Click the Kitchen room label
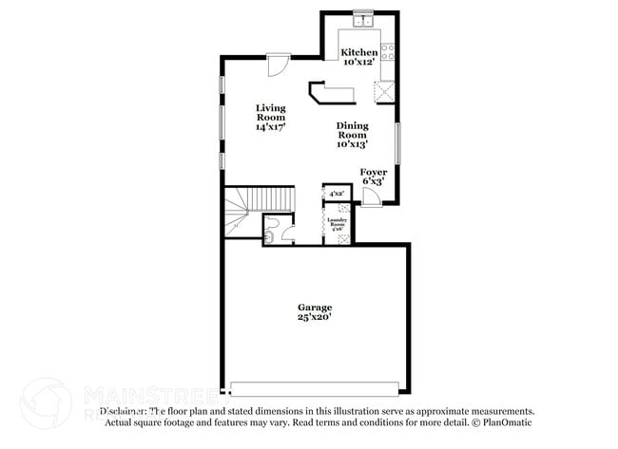(359, 51)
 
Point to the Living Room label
(271, 113)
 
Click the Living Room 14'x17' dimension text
(271, 126)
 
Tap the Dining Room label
(352, 130)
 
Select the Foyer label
(374, 172)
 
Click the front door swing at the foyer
(372, 196)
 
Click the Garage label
(315, 308)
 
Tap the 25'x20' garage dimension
(315, 319)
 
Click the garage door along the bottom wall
(315, 388)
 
